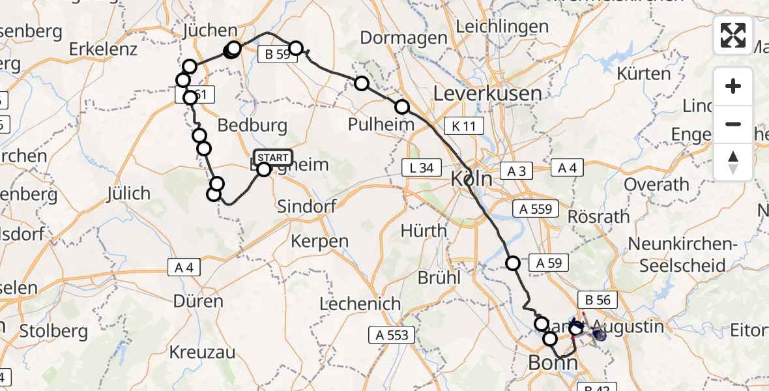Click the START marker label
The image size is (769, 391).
(273, 157)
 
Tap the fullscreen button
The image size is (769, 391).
(733, 35)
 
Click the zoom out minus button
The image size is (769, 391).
(733, 124)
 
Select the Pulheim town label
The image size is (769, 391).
(381, 124)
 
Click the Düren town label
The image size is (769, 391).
(199, 301)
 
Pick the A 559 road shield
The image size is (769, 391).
(536, 209)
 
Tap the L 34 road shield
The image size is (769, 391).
(418, 167)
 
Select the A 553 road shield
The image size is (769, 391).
(392, 335)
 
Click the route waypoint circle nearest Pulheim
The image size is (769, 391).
(402, 107)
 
